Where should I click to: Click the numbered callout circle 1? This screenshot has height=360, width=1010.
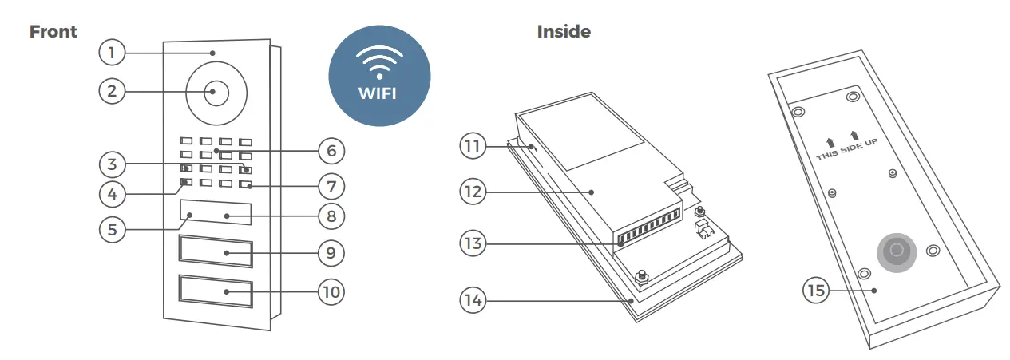(113, 53)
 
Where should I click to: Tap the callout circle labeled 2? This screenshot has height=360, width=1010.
(113, 91)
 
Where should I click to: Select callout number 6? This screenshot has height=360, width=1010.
(331, 150)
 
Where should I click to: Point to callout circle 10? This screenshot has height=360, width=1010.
(331, 292)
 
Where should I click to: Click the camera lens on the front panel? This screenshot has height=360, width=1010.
(214, 92)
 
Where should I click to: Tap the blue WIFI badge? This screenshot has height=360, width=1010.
(379, 75)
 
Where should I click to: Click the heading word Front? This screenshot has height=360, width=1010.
(53, 32)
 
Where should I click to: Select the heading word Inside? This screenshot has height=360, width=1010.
(564, 32)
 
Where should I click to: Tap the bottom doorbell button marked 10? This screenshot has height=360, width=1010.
(216, 292)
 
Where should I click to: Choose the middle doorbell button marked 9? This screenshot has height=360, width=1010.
(216, 253)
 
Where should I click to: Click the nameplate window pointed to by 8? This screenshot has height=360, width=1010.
(216, 214)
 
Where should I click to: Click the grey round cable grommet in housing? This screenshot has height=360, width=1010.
(896, 251)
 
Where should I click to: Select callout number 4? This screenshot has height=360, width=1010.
(113, 193)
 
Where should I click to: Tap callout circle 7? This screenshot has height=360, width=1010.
(331, 187)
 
